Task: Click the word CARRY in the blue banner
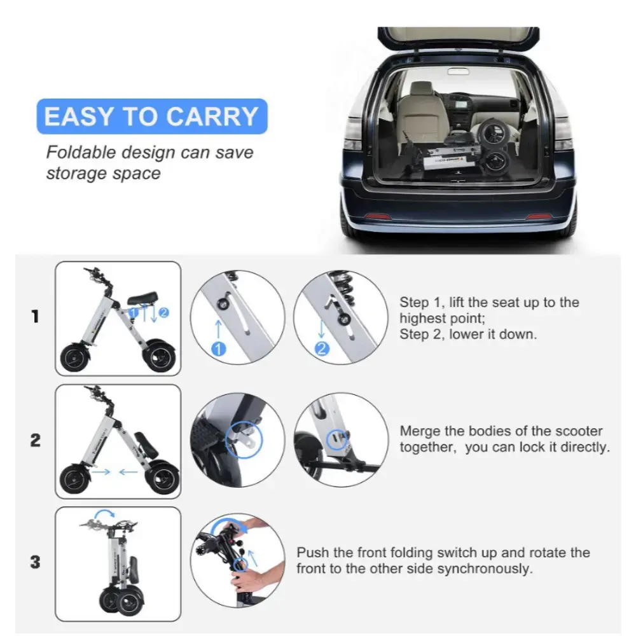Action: click(x=212, y=117)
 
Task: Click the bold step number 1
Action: click(x=36, y=316)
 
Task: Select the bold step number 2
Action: click(x=36, y=440)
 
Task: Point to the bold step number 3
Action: click(x=36, y=562)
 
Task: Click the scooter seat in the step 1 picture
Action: click(x=142, y=299)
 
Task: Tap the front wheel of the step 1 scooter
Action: click(x=74, y=358)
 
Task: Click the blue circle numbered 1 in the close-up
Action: click(x=219, y=349)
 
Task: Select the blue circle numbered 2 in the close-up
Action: click(x=322, y=349)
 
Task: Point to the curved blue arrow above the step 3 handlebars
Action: click(x=104, y=513)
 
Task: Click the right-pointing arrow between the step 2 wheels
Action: click(x=101, y=472)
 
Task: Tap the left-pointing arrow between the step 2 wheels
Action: click(x=128, y=472)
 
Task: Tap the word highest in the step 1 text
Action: click(x=425, y=319)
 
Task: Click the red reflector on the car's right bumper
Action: click(x=539, y=217)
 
